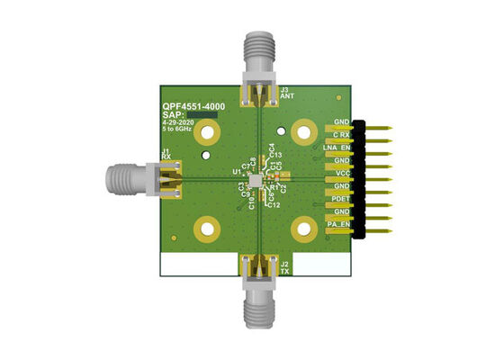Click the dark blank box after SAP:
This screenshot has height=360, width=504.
point(203,116)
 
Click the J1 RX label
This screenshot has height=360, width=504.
point(166,154)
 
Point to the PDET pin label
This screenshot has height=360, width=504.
point(340,198)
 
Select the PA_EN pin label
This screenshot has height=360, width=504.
point(338,223)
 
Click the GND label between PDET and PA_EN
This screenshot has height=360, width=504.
point(341,211)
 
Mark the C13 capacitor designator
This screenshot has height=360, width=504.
point(275,156)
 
